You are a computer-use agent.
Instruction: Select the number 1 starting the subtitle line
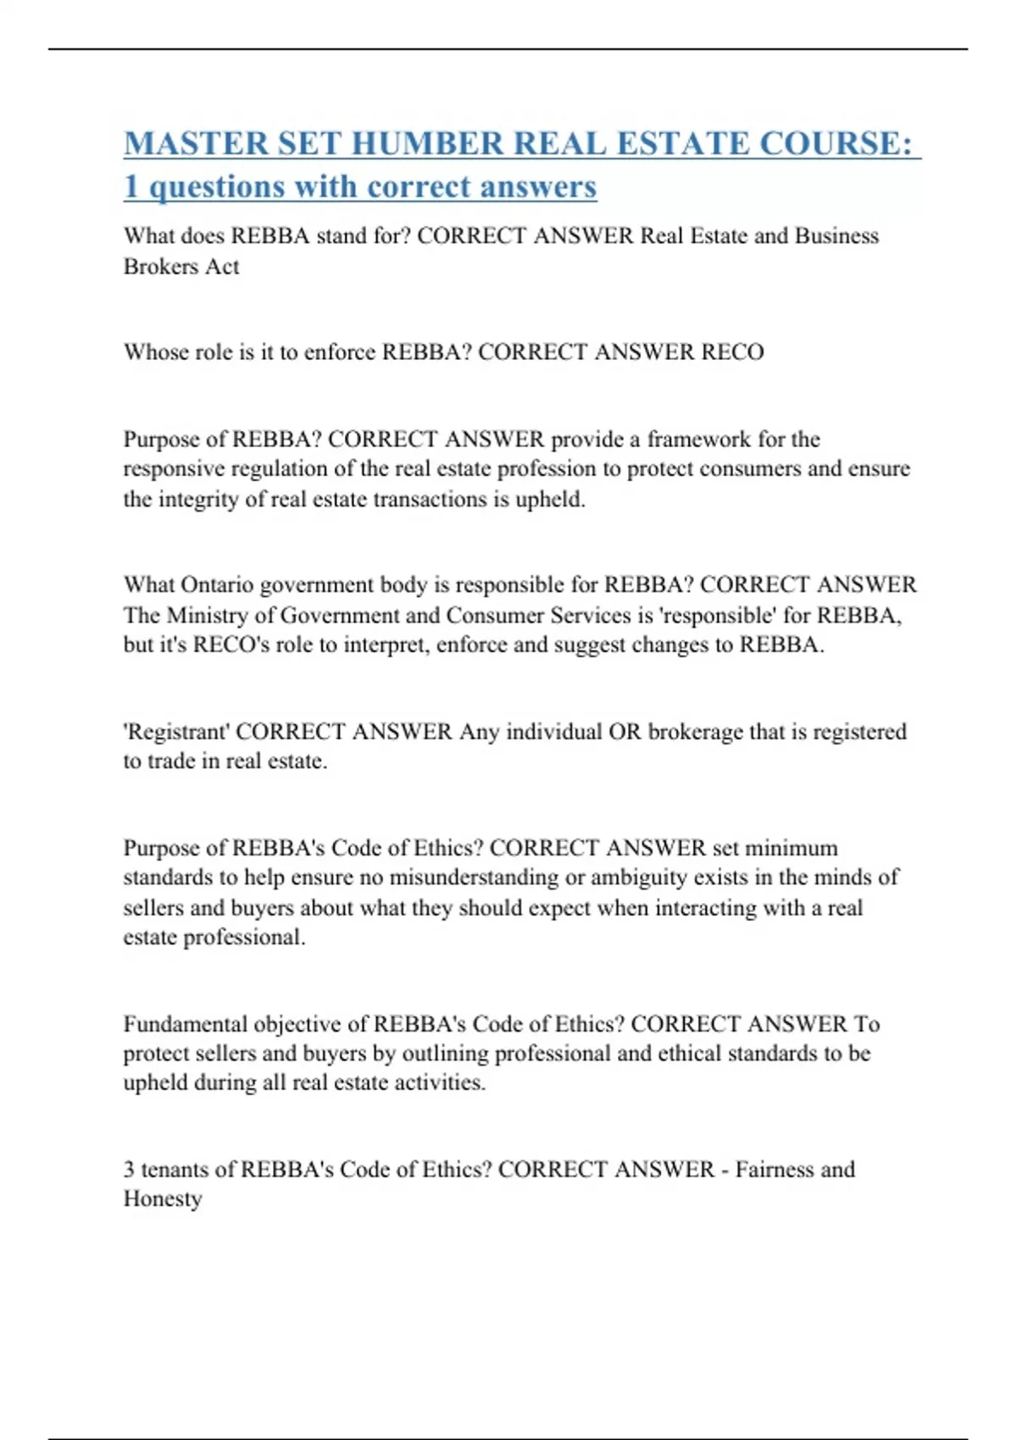tap(131, 187)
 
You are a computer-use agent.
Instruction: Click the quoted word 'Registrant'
tap(176, 731)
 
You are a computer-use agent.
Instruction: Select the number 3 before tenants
tap(130, 1170)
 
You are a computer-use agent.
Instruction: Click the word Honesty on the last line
tap(163, 1199)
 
